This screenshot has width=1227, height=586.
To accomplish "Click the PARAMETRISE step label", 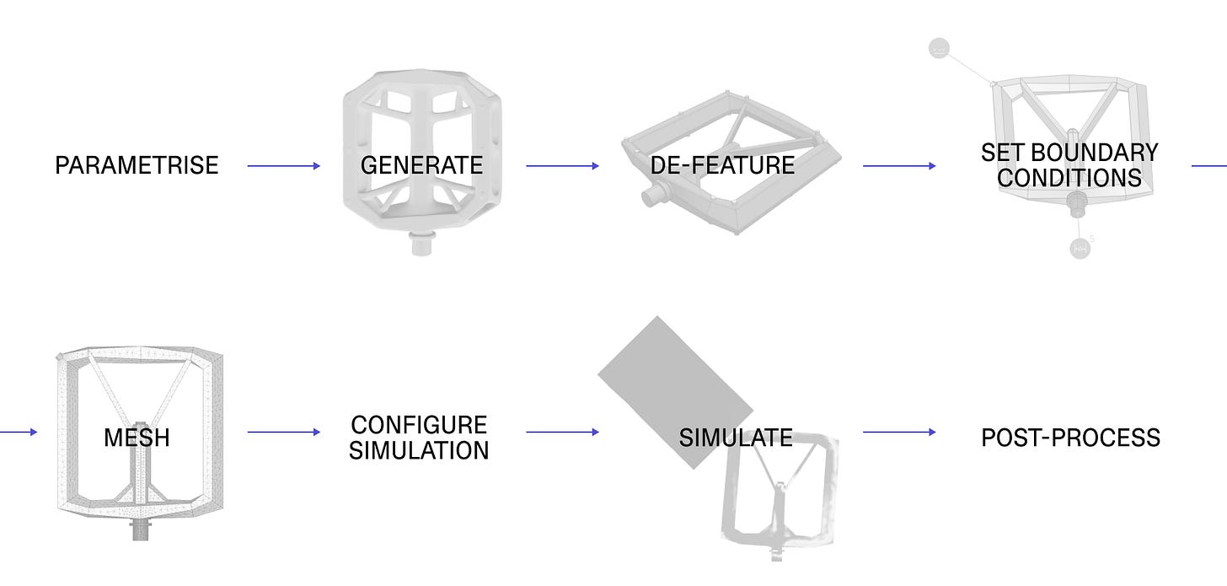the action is [137, 165].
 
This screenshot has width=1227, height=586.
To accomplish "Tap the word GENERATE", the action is [421, 165].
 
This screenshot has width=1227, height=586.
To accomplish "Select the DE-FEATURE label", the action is [722, 165].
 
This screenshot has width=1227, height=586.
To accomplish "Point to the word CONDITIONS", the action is [1069, 179].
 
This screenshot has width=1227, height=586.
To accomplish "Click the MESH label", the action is [137, 438].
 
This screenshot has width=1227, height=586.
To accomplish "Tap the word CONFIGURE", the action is [419, 424].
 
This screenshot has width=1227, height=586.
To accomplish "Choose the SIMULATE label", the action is [736, 438].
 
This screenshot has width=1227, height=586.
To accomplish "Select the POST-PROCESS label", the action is [1070, 438].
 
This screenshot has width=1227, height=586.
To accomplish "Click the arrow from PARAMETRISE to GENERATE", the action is [284, 166].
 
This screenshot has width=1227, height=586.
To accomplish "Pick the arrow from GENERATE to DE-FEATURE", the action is [562, 166].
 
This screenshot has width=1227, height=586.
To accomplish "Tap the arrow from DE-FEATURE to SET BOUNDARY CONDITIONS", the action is [899, 166].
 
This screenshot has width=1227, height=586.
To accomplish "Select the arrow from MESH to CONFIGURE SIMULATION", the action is [284, 432].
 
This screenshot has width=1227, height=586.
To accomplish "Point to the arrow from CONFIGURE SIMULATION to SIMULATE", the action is [562, 432].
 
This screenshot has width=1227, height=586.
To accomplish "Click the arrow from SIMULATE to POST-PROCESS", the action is [899, 432].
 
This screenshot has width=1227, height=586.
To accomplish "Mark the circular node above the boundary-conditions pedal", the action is [939, 49].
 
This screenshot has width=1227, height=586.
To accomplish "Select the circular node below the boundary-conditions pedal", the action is [1080, 248].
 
